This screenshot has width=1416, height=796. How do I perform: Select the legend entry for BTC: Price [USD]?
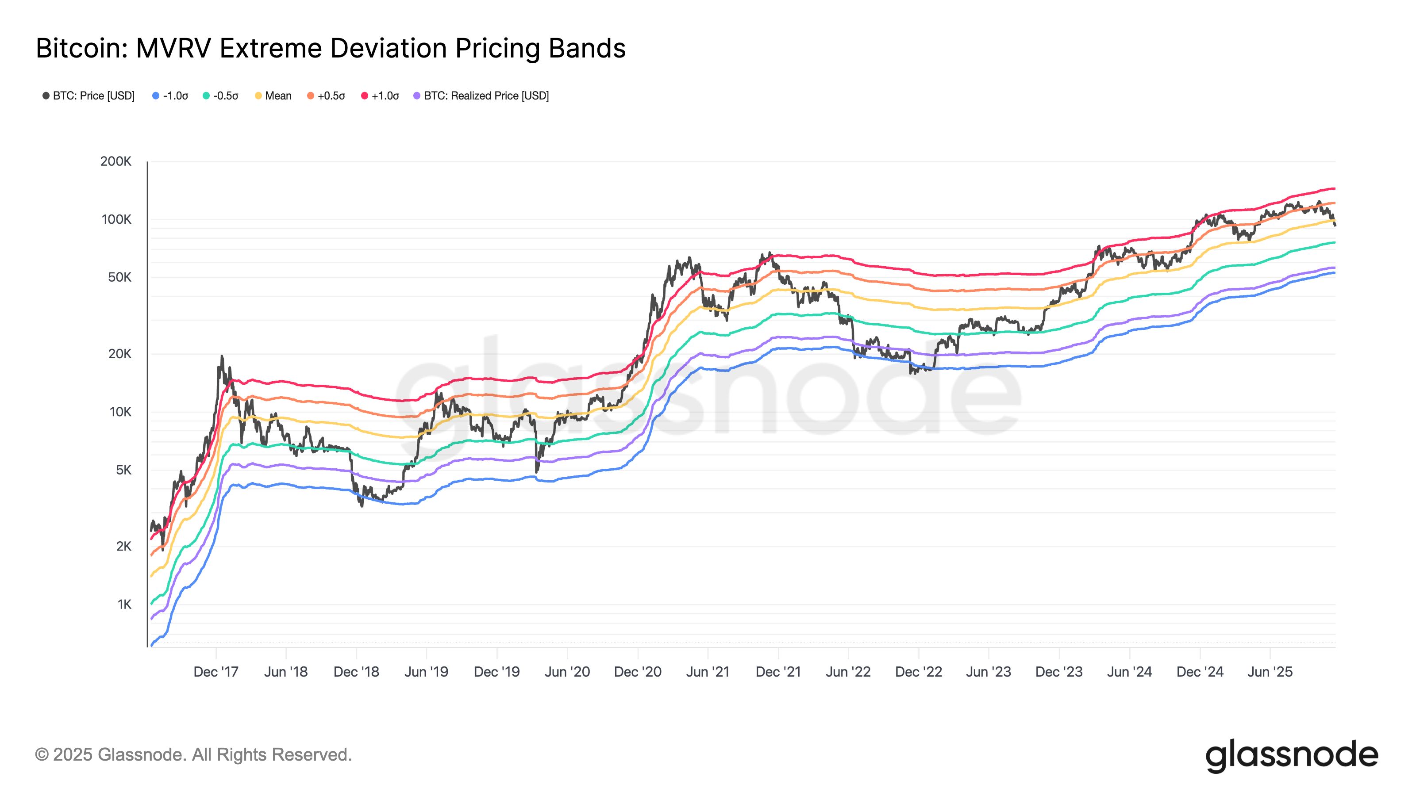[88, 96]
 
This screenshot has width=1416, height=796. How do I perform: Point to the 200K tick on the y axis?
[116, 161]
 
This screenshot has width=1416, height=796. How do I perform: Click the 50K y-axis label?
[120, 277]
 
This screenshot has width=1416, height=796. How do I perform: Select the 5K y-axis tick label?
[124, 470]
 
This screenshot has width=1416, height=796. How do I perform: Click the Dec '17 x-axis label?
[216, 672]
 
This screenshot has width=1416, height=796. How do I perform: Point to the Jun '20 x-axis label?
[567, 672]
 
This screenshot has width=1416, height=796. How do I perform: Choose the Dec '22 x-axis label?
[919, 672]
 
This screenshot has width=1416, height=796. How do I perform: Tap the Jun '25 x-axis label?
[1270, 672]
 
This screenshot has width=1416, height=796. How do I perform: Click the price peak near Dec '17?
[222, 356]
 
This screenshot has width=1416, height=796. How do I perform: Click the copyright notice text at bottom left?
[193, 755]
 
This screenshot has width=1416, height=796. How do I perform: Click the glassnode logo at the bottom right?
[1291, 755]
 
